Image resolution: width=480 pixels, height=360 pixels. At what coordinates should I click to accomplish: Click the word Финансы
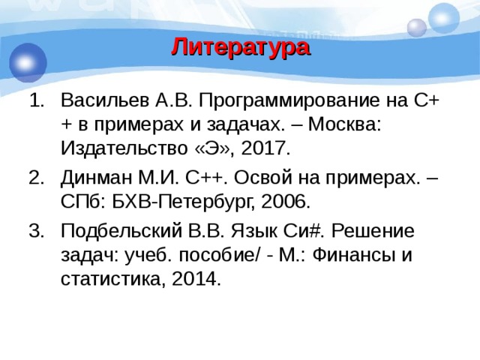pos(357,255)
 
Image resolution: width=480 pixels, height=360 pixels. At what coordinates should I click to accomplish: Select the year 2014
pos(196,279)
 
